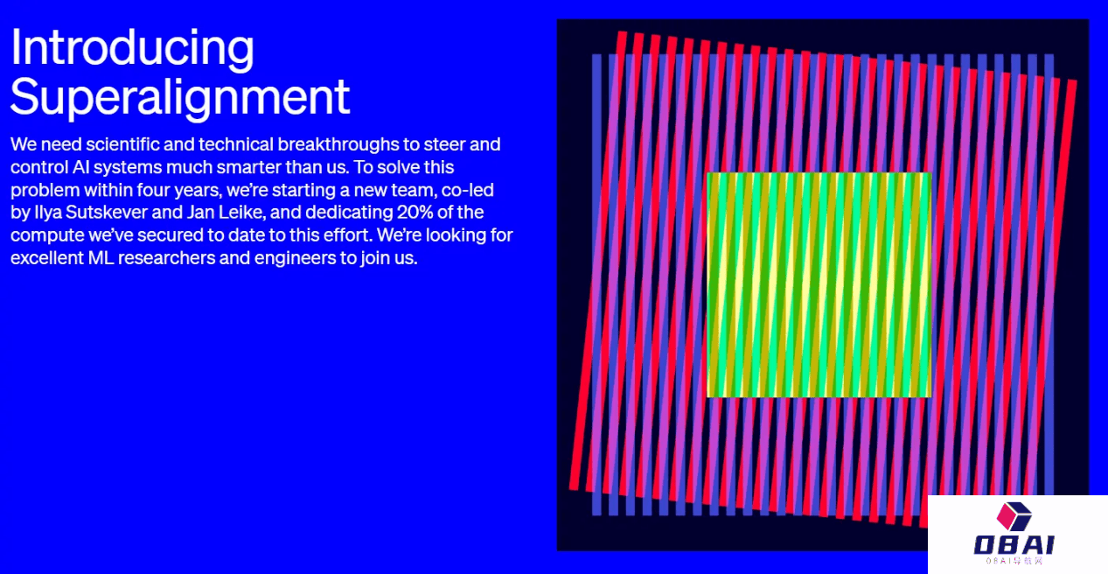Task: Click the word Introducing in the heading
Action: tap(132, 48)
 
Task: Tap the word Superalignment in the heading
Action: tap(180, 98)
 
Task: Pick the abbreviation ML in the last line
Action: tap(101, 258)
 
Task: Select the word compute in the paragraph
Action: tap(47, 236)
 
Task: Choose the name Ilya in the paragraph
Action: tap(48, 213)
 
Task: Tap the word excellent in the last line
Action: tap(47, 258)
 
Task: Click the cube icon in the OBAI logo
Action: tap(1014, 516)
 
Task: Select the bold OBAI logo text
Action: tap(1014, 545)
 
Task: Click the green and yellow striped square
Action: tap(819, 284)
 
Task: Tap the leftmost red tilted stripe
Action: tap(597, 261)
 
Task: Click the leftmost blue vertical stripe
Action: tap(597, 284)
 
